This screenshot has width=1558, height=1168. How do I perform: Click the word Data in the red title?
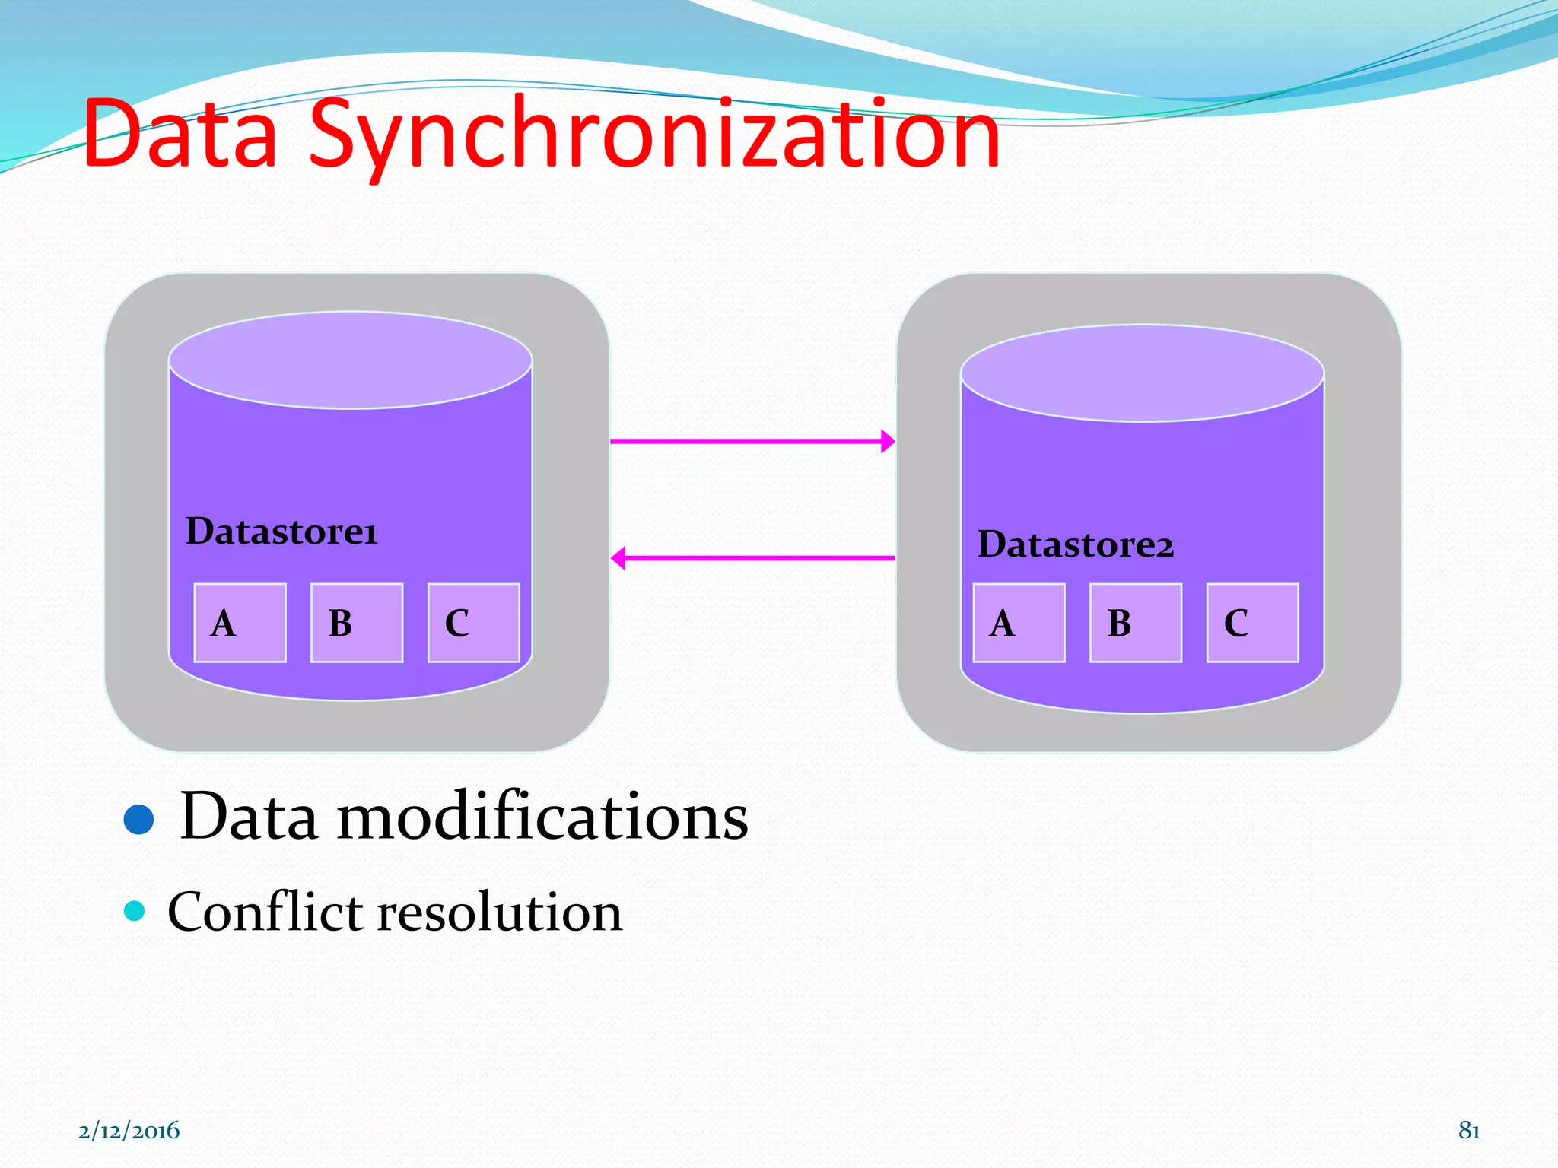[181, 135]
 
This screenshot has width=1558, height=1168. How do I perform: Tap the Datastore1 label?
[281, 531]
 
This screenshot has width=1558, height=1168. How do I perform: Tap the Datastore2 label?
[1076, 544]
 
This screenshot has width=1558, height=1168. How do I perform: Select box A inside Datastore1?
[240, 623]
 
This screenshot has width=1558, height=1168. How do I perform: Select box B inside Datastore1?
[357, 623]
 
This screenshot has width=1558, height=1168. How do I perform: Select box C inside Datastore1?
[473, 623]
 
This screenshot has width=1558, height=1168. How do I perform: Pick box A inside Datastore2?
[1019, 623]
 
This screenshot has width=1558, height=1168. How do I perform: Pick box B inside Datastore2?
[1136, 623]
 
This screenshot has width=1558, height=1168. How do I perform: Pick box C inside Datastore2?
[1252, 623]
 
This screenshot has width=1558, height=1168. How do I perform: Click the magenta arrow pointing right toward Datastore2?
[752, 441]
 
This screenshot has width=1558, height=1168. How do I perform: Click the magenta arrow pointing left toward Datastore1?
[752, 558]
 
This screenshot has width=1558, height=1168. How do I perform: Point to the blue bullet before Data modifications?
[138, 819]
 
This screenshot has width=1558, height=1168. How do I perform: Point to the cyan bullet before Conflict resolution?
[135, 910]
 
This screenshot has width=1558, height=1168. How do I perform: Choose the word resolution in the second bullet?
[500, 912]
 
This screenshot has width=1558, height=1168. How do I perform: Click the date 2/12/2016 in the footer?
[129, 1131]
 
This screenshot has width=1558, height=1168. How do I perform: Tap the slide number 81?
[1469, 1131]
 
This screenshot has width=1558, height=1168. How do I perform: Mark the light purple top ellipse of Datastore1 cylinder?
[350, 360]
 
